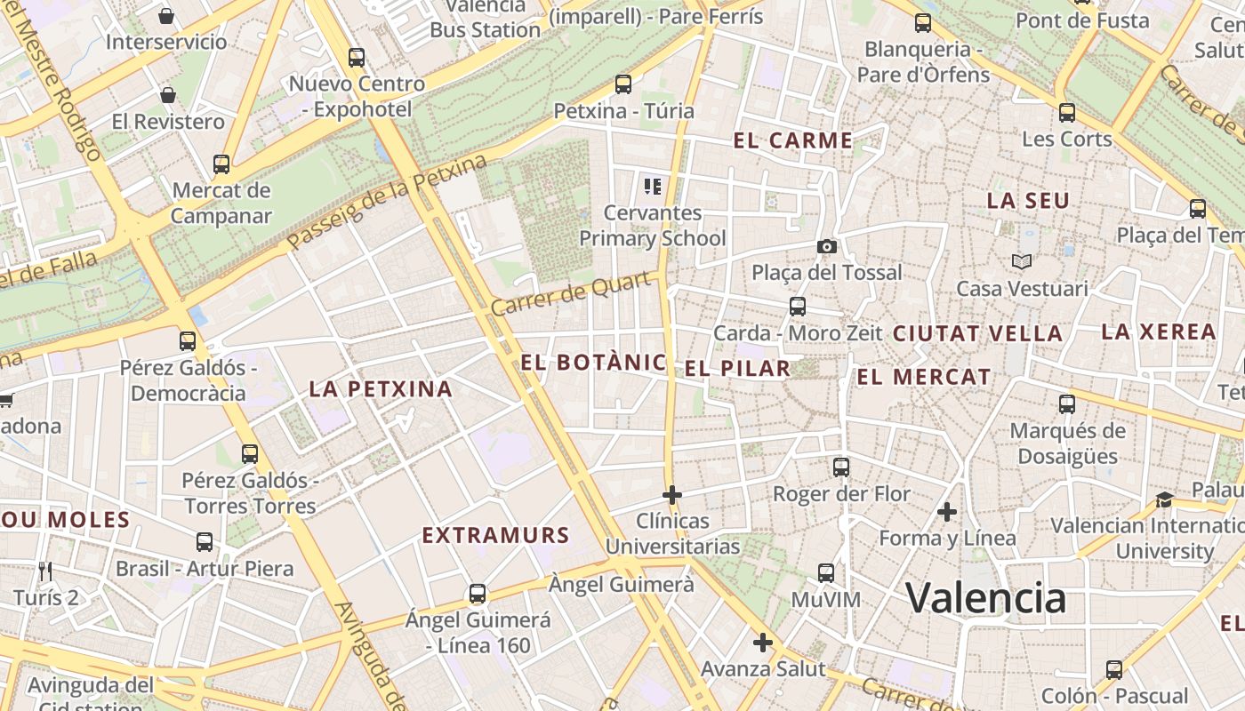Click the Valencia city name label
click(x=985, y=597)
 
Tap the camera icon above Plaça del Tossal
click(x=827, y=246)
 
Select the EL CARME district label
click(x=793, y=140)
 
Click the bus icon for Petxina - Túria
click(x=623, y=84)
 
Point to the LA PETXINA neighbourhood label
click(x=381, y=388)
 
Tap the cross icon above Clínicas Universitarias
click(x=672, y=494)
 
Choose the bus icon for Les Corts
click(x=1067, y=113)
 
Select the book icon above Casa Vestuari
click(x=1022, y=261)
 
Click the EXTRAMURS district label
click(x=495, y=535)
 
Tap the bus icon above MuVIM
click(x=826, y=573)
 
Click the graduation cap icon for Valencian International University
click(x=1164, y=499)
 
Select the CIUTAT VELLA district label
click(x=977, y=334)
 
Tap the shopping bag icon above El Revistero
click(x=168, y=95)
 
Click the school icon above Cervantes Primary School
click(x=653, y=187)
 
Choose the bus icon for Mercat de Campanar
click(x=221, y=164)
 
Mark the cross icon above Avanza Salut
click(x=762, y=643)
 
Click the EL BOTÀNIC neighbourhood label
click(x=593, y=362)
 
